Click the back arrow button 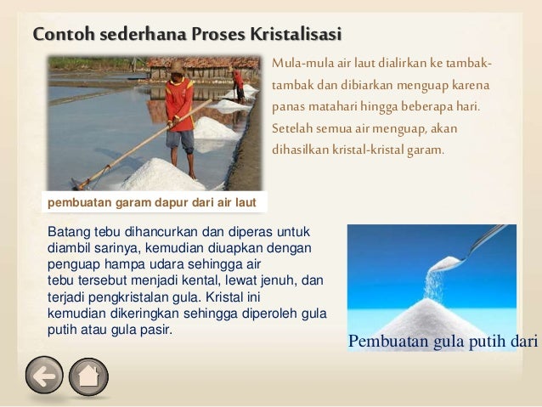point(44,376)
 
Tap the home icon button point(88,376)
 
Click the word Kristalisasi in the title point(295,35)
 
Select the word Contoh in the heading point(61,35)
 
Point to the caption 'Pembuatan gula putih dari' point(443,342)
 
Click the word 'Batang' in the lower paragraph point(68,232)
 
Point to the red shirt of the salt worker point(178,100)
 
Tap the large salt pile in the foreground point(161,174)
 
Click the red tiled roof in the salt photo point(204,63)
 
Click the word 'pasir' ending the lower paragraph point(155,328)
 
